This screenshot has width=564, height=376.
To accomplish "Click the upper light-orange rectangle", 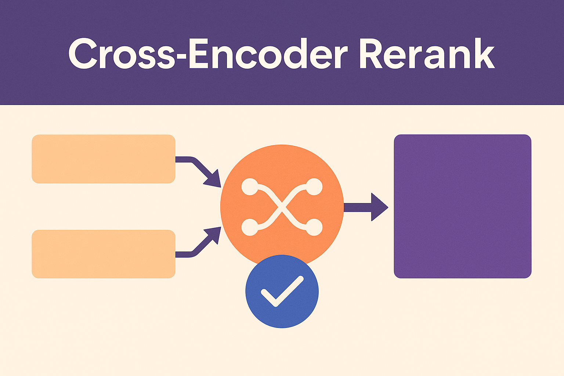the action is click(x=104, y=159).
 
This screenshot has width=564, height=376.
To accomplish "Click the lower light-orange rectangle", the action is click(x=104, y=254).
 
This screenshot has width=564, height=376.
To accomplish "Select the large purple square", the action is click(x=463, y=206).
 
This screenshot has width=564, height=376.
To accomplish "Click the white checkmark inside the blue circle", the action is click(x=282, y=292).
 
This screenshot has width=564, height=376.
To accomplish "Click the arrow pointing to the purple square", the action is click(x=365, y=207).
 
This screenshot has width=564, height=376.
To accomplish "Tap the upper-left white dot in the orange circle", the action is click(x=250, y=187).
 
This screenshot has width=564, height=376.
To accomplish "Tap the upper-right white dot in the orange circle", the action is click(x=314, y=187).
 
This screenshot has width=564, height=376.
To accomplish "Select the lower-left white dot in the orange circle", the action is click(x=250, y=227).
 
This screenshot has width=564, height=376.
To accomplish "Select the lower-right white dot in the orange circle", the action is click(x=314, y=227).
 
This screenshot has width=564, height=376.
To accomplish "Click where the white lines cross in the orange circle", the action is click(x=282, y=207).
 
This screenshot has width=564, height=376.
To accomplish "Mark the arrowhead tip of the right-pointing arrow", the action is click(x=387, y=207).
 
